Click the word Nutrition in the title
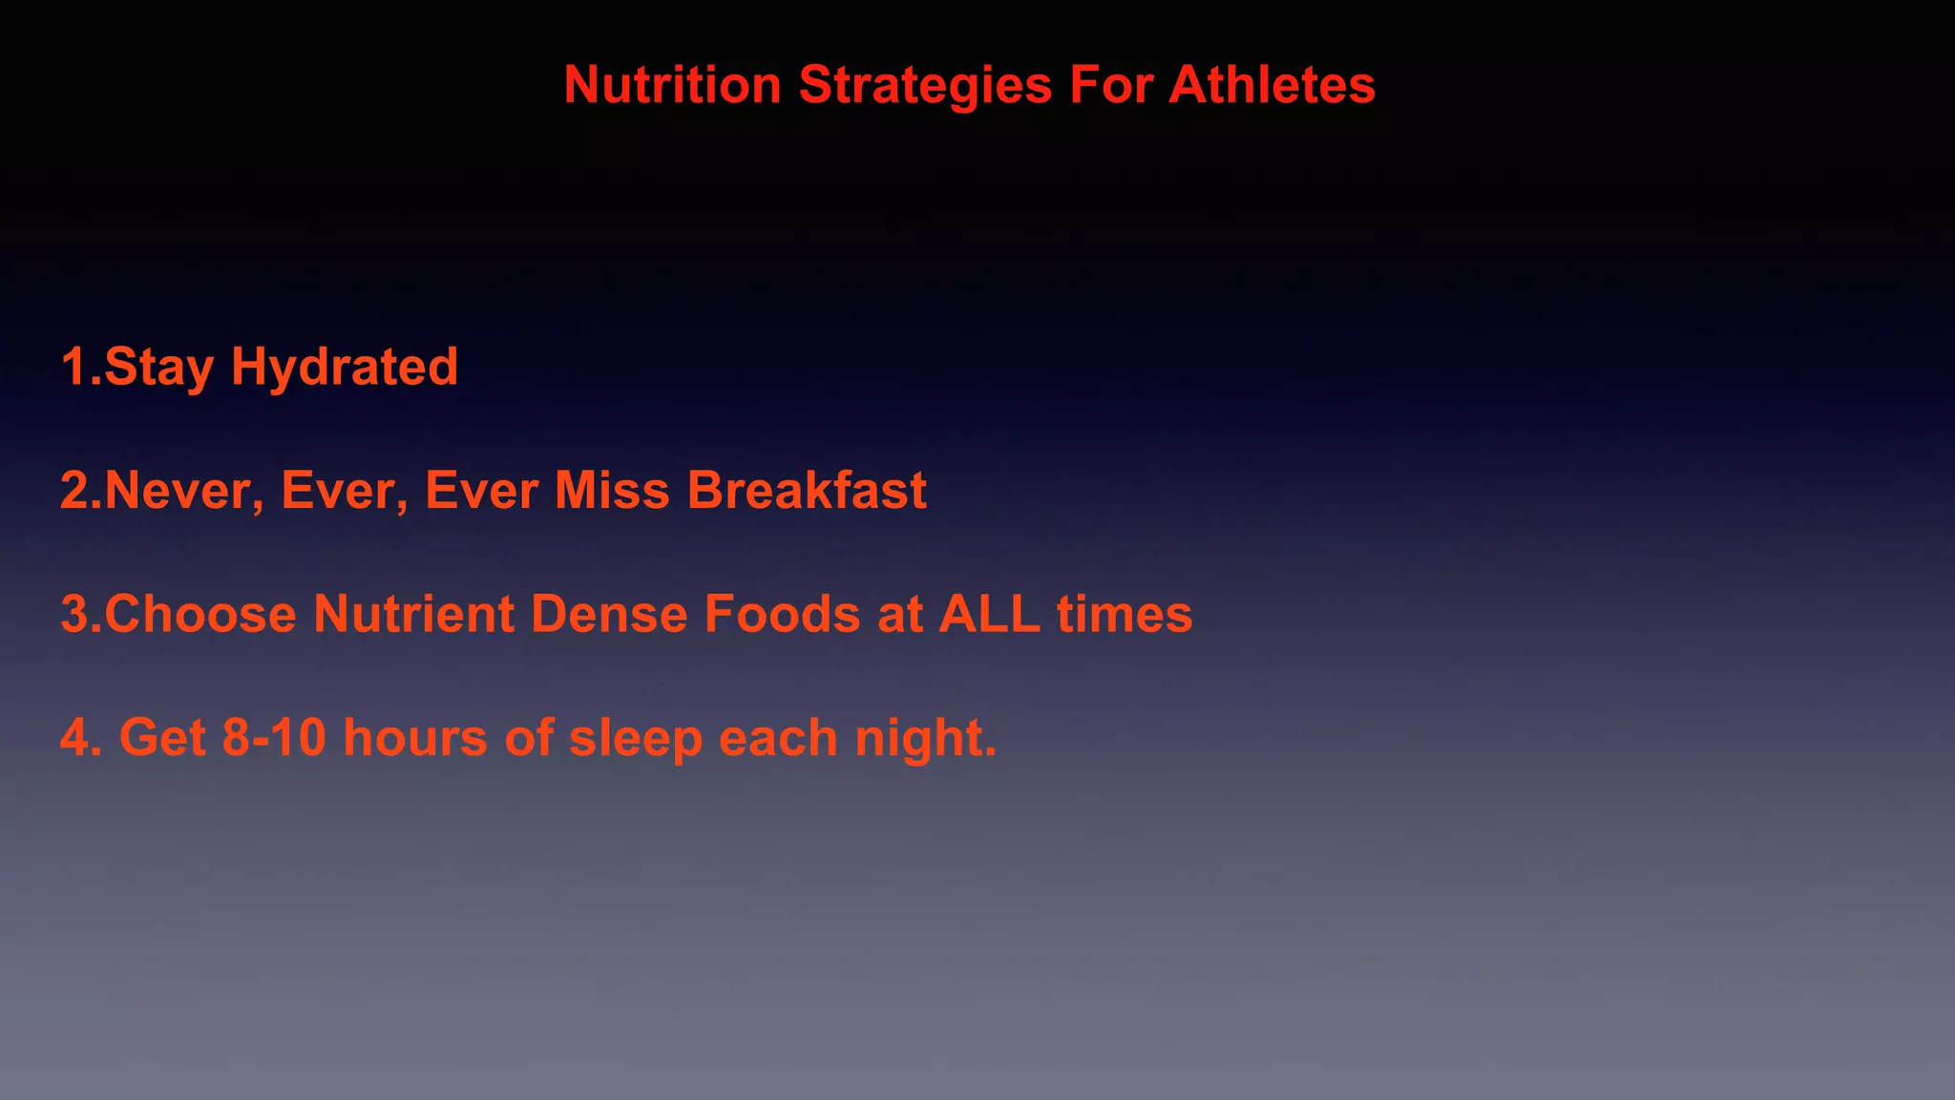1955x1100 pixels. click(x=672, y=85)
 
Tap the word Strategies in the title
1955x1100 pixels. click(x=925, y=85)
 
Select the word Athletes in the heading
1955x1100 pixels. click(x=1272, y=85)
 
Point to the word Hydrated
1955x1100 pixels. click(x=345, y=368)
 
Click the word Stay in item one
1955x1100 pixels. click(x=158, y=368)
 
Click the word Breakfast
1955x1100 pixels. click(x=807, y=491)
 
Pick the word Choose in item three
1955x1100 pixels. click(x=200, y=614)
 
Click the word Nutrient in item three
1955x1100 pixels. click(x=413, y=614)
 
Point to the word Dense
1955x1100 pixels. click(x=608, y=614)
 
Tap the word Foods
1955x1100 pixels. click(x=782, y=614)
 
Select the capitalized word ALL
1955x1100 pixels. click(x=989, y=614)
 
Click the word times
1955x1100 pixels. click(x=1125, y=614)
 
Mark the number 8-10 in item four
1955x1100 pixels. click(x=274, y=738)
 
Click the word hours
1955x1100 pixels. click(x=415, y=738)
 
